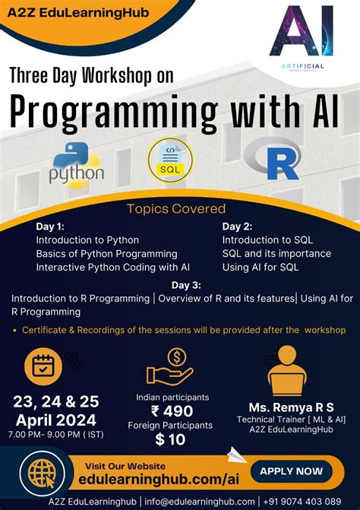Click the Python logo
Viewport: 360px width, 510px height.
[76, 164]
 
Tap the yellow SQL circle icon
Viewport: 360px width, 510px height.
[170, 160]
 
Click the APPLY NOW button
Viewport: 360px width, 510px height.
[292, 471]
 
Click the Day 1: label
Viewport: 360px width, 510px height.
[50, 226]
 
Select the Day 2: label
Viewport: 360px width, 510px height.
[237, 226]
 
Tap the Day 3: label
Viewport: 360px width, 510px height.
[186, 285]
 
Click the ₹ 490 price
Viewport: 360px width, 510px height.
[172, 411]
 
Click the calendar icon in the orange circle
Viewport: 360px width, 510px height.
[43, 366]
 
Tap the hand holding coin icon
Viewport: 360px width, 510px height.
[171, 366]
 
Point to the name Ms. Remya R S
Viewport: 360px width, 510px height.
[286, 407]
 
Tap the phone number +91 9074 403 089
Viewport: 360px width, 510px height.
[302, 502]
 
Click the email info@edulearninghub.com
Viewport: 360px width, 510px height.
[199, 502]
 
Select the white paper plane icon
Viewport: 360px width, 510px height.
[237, 455]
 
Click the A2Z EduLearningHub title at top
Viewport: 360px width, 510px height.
[68, 12]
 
